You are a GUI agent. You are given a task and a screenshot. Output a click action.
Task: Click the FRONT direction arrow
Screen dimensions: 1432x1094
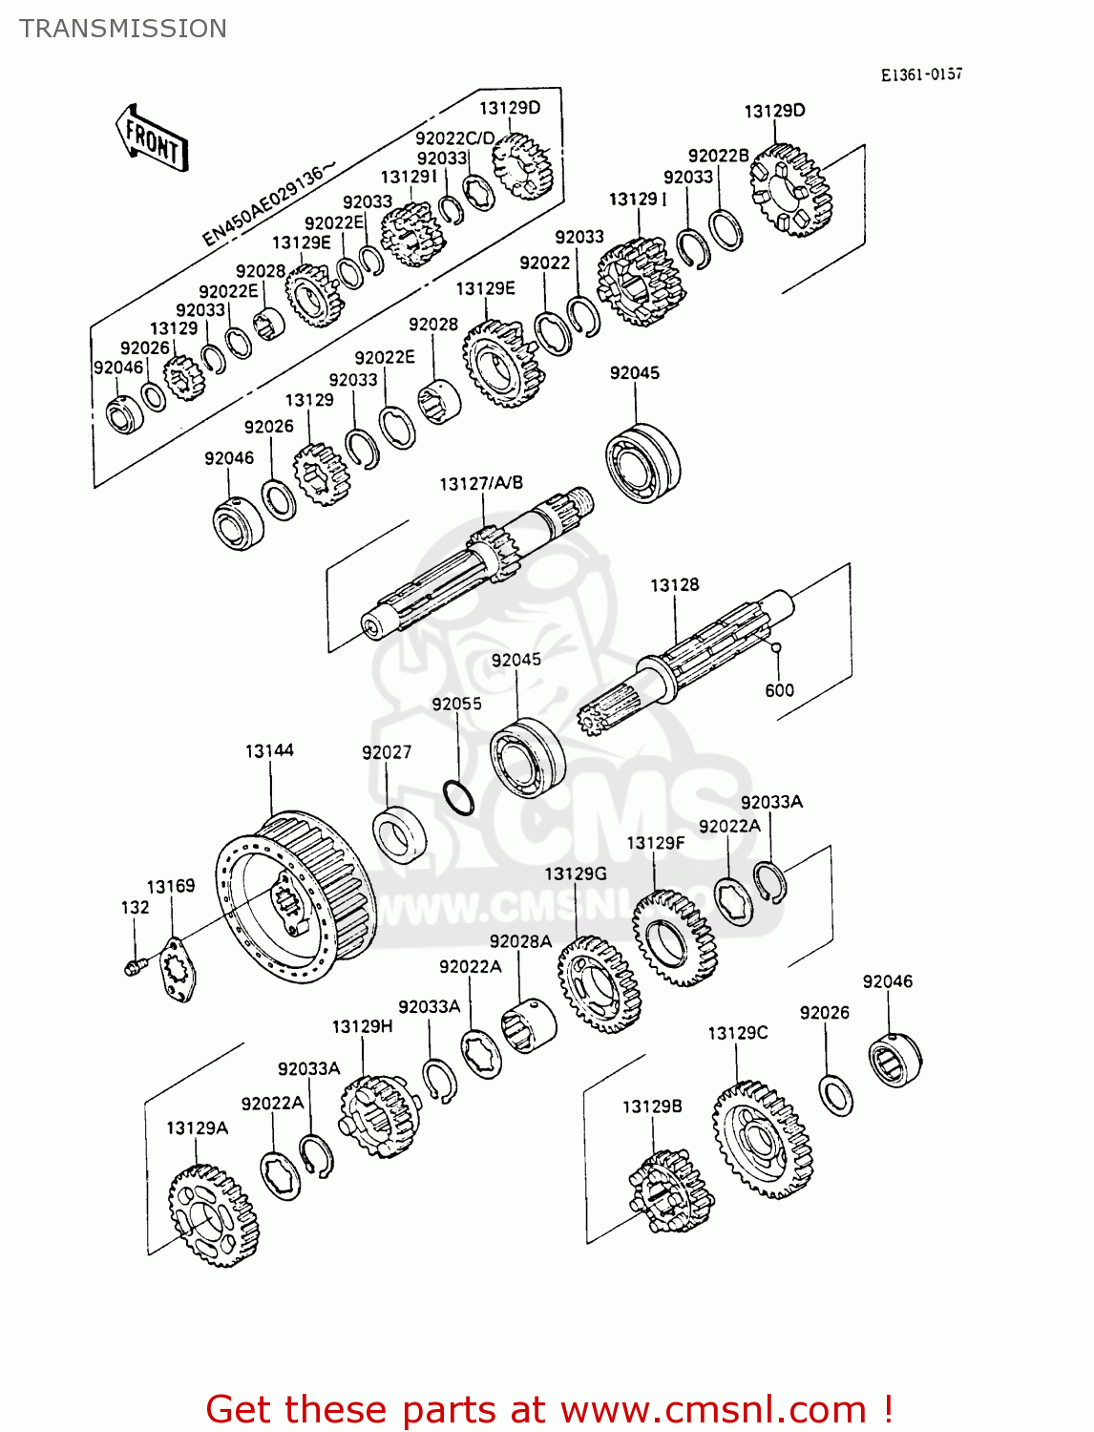click(152, 139)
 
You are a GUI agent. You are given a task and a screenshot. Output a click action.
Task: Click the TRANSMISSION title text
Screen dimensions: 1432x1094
click(123, 29)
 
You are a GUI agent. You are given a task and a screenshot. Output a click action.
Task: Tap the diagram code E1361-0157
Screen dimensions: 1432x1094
click(921, 74)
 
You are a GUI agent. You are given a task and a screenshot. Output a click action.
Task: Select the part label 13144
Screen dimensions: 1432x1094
click(269, 751)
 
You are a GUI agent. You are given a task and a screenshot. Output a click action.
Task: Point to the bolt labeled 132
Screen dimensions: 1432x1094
click(133, 967)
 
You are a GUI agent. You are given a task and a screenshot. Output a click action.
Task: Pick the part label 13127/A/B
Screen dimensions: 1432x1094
click(481, 484)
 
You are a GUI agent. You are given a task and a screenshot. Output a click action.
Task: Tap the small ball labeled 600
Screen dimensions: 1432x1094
click(776, 648)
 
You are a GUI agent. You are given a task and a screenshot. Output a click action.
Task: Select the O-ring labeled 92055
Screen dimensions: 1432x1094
click(458, 798)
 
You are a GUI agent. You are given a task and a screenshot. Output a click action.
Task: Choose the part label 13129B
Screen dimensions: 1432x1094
click(652, 1106)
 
